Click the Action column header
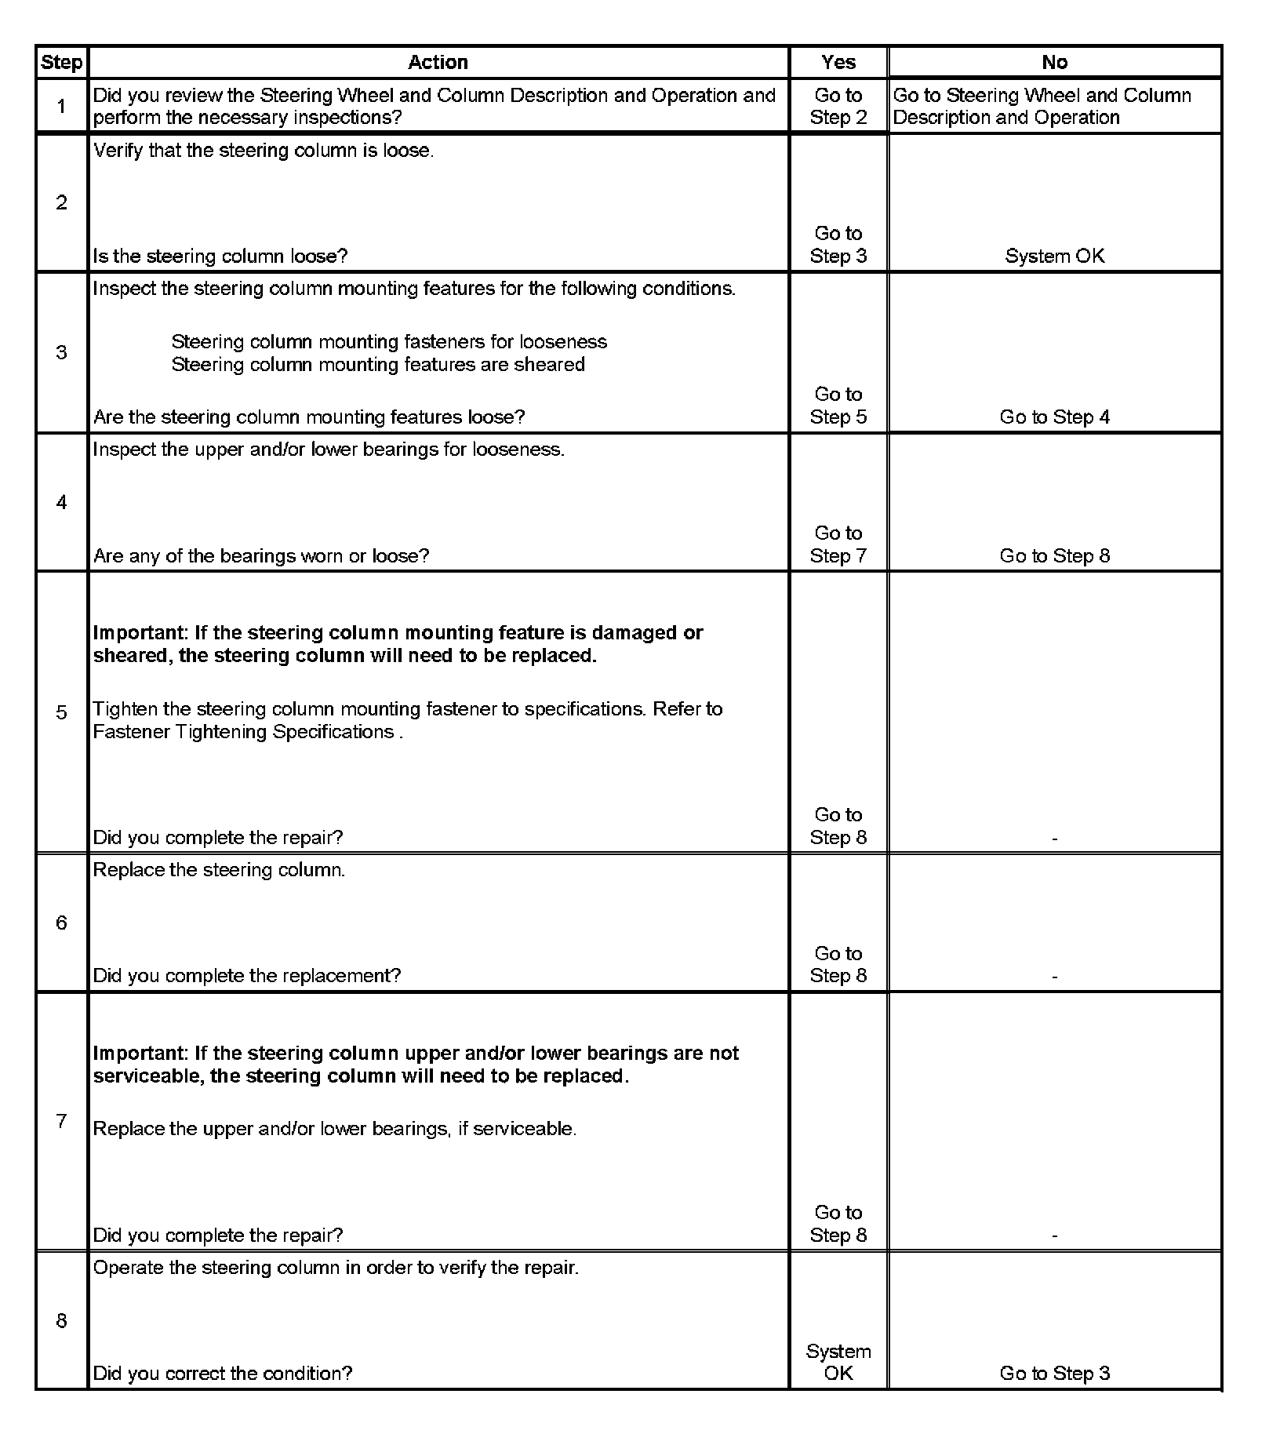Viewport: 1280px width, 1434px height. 438,63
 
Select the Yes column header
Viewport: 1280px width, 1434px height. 838,63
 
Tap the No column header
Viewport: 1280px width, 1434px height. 1054,63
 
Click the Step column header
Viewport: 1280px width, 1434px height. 61,63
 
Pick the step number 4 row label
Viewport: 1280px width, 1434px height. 61,503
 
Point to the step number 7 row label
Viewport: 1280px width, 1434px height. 61,1121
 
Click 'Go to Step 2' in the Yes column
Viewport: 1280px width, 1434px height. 838,107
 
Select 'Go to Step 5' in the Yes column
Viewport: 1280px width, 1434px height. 838,406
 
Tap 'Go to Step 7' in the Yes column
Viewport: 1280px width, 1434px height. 838,544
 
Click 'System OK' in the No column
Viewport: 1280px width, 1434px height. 1054,257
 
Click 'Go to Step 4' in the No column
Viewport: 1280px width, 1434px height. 1054,417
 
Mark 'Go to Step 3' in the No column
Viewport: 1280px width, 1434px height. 1054,1374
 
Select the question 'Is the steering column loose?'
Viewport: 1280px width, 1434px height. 220,257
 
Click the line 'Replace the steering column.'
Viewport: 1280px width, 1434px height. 219,870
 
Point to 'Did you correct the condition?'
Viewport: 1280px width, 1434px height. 223,1374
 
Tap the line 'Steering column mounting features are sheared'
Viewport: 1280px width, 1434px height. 378,365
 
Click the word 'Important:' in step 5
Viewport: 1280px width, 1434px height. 140,633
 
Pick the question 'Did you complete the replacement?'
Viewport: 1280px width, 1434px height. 247,976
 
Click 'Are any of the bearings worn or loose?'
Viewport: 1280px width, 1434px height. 261,556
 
